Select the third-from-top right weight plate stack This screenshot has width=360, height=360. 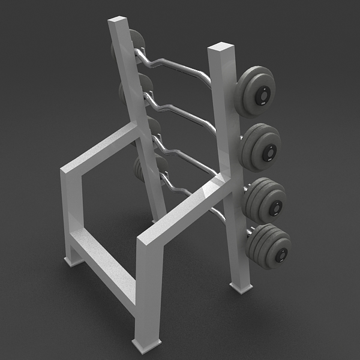pos(265,200)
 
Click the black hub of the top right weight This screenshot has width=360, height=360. pos(262,95)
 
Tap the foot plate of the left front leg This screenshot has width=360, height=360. pos(74,261)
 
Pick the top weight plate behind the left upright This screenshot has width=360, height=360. pos(137,41)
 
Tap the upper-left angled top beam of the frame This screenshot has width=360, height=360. pos(99,150)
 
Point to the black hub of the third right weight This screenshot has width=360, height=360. pos(275,207)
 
